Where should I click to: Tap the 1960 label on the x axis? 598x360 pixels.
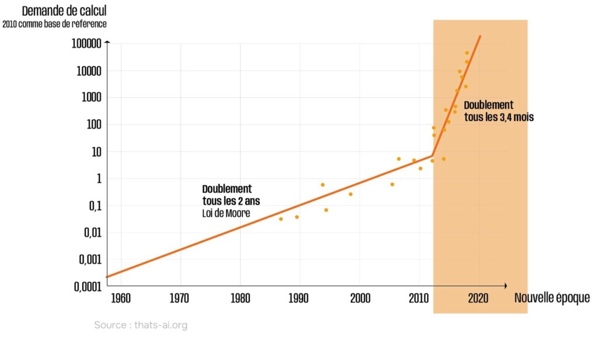click(120, 298)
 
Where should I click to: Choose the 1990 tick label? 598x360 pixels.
click(299, 298)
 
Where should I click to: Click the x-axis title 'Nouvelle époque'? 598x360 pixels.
click(552, 298)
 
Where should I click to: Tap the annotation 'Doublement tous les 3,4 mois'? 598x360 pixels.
click(498, 110)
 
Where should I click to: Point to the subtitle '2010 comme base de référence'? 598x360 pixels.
click(54, 25)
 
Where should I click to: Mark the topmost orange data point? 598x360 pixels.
click(467, 53)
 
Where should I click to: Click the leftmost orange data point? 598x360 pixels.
click(281, 219)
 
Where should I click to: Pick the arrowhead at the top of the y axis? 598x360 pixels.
click(107, 43)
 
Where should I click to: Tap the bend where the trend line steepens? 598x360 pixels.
click(432, 155)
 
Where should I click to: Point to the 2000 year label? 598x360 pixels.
click(360, 298)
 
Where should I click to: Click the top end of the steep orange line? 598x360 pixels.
click(480, 36)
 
